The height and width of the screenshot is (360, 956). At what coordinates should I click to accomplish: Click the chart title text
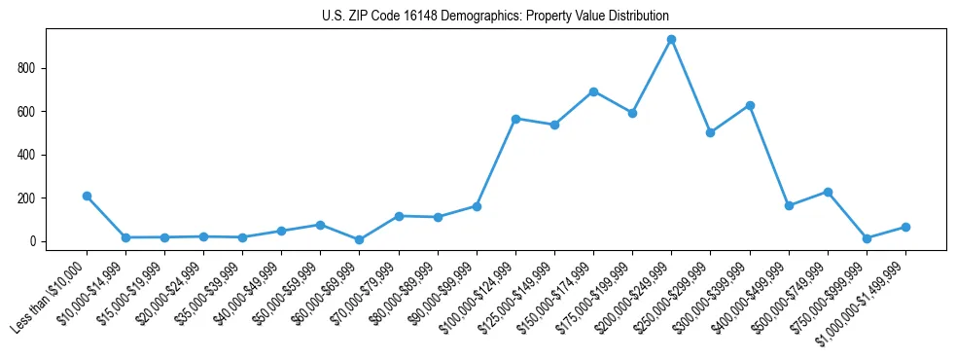click(495, 17)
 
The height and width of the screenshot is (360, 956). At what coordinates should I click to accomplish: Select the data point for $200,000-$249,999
click(671, 40)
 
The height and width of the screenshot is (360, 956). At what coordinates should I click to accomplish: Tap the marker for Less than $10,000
click(87, 196)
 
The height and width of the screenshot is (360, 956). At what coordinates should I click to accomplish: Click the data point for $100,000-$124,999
click(515, 119)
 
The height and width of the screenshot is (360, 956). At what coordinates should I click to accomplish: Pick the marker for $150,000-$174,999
click(593, 91)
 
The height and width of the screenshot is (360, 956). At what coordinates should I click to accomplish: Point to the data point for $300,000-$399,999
click(750, 105)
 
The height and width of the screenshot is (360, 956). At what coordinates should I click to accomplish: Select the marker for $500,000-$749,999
click(828, 192)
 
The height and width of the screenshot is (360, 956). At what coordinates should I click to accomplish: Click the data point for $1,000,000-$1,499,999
click(905, 227)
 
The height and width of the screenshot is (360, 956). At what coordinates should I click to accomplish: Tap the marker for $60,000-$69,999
click(359, 239)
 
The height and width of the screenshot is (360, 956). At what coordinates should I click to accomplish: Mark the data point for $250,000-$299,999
click(710, 132)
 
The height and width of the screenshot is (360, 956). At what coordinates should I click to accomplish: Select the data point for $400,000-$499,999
click(789, 205)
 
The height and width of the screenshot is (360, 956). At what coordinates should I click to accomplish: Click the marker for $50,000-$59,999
click(320, 225)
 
